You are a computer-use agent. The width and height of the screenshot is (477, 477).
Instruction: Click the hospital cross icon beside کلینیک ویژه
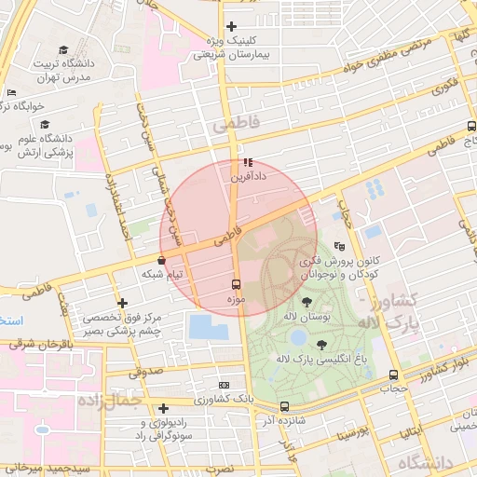click(x=232, y=26)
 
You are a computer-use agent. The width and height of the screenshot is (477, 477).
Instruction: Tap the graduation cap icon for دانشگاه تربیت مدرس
click(x=63, y=50)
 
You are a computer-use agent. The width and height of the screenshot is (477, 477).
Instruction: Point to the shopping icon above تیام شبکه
click(x=163, y=260)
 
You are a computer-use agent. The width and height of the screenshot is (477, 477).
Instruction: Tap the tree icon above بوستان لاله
click(x=307, y=300)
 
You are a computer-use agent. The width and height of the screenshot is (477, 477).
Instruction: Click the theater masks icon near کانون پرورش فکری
click(x=339, y=247)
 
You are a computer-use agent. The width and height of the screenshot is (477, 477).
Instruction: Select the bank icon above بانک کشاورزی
click(x=224, y=384)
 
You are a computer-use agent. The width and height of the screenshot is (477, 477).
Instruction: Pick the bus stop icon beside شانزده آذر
click(x=284, y=406)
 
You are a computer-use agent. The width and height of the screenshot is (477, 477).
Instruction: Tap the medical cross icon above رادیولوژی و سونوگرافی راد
click(x=163, y=408)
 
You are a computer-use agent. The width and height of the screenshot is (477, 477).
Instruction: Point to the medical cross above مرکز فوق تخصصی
click(x=122, y=303)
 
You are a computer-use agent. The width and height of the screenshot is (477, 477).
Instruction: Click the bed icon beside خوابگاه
click(x=11, y=93)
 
